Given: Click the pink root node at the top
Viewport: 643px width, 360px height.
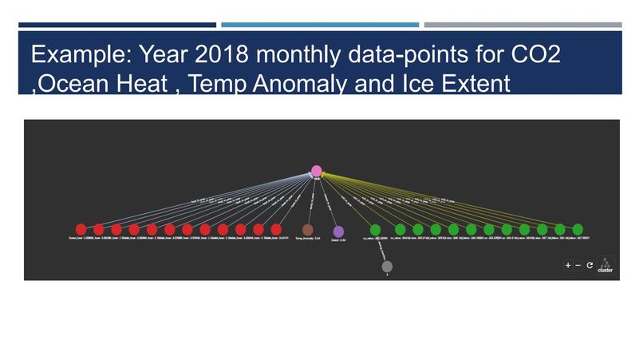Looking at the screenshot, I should point(316,171).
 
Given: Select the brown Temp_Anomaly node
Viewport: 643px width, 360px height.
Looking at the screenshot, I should point(308,230).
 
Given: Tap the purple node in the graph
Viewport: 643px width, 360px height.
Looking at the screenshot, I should point(338,231).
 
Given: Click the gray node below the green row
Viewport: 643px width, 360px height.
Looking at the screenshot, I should point(387,267).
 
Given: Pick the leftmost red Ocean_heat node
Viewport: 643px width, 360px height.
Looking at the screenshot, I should point(81,230).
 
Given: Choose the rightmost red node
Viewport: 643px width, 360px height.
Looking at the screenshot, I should point(276,230).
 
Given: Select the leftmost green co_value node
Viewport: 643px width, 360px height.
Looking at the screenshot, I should point(375,230).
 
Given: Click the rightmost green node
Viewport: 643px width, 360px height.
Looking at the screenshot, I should point(578,230).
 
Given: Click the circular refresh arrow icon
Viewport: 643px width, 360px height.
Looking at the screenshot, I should point(590,265).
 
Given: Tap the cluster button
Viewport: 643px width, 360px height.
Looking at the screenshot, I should point(606,265).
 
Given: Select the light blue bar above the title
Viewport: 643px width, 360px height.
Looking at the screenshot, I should point(319,25).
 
